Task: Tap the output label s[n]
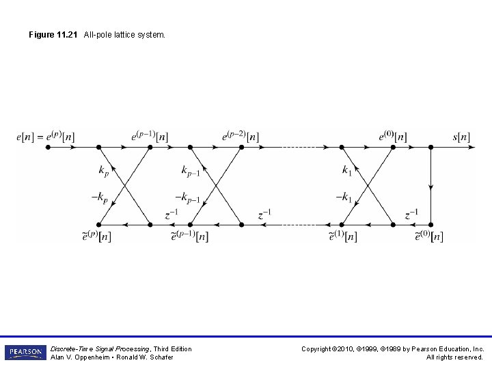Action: (x=461, y=137)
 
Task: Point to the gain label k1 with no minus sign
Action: (x=347, y=170)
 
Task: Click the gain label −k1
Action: (x=344, y=197)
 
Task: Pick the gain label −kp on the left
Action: (x=99, y=197)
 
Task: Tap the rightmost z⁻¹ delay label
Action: (x=411, y=214)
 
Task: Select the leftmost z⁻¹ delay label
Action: (x=172, y=214)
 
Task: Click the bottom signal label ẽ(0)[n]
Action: (x=428, y=236)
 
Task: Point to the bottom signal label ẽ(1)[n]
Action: (x=342, y=236)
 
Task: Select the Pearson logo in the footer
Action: (x=25, y=353)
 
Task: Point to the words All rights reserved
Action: (x=454, y=357)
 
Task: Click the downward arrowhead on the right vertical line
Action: (x=430, y=186)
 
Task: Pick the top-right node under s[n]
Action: (x=430, y=146)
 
